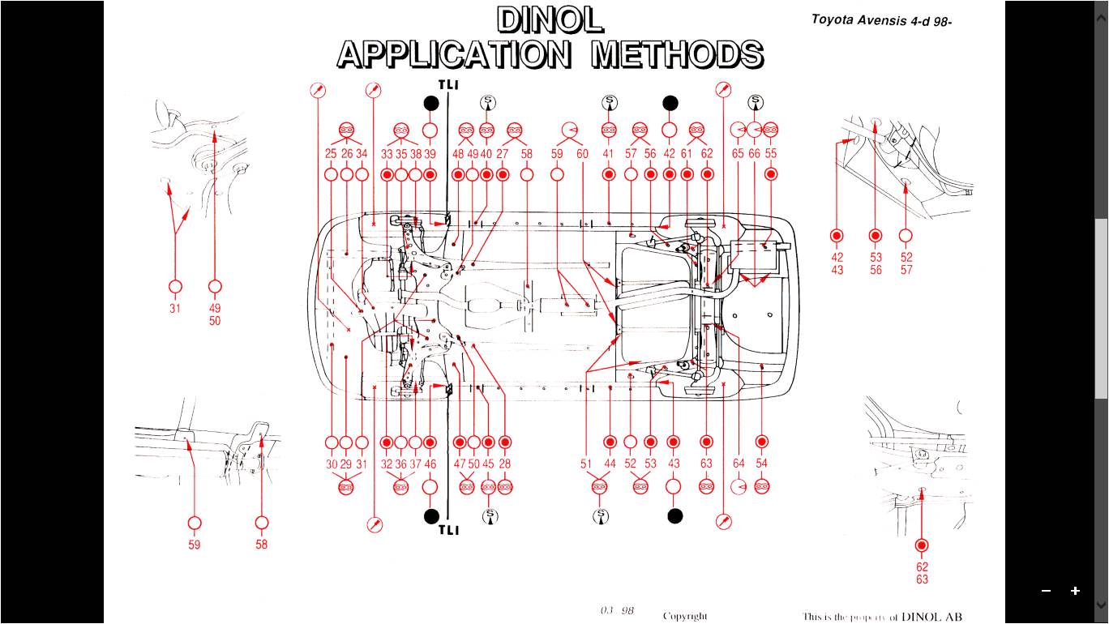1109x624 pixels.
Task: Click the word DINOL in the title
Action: click(550, 20)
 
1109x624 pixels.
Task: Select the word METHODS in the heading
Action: click(677, 54)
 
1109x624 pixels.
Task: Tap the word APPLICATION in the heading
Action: click(454, 54)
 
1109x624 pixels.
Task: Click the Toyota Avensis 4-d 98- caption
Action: click(881, 20)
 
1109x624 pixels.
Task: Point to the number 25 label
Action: click(331, 154)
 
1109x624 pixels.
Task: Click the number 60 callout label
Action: click(582, 154)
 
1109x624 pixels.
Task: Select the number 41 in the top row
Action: click(609, 154)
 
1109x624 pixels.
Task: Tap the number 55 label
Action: click(771, 154)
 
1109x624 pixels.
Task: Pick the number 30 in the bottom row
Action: click(332, 464)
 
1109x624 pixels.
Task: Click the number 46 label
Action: click(430, 464)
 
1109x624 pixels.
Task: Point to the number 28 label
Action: click(505, 464)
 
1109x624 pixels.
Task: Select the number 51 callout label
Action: click(586, 464)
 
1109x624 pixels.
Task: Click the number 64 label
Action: click(739, 464)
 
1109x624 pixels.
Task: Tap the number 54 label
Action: click(761, 464)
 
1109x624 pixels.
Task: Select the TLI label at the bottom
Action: click(449, 530)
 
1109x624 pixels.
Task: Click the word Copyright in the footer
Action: click(685, 616)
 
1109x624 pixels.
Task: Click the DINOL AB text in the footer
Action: click(931, 617)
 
